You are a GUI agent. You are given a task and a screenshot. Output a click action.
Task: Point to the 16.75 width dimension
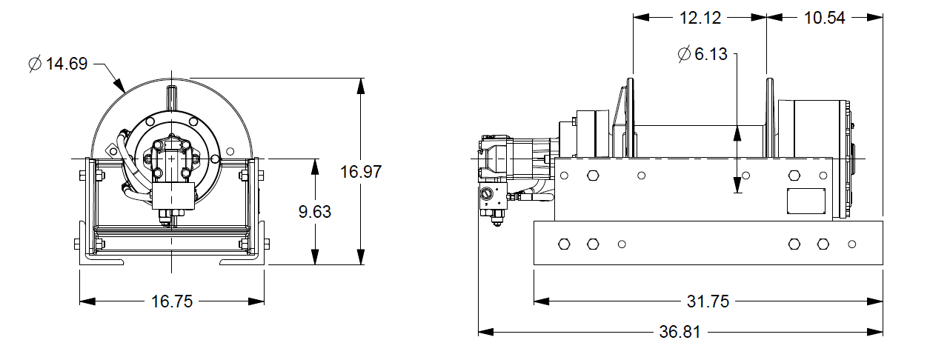tap(172, 301)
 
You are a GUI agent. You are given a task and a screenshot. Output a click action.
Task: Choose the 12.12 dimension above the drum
tap(700, 18)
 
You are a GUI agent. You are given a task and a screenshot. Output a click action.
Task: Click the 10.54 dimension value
tap(824, 18)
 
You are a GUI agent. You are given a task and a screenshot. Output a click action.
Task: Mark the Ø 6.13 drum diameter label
tap(703, 53)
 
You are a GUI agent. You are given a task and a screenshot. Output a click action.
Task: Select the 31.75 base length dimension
tap(708, 301)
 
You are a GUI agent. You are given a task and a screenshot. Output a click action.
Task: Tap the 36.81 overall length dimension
tap(680, 332)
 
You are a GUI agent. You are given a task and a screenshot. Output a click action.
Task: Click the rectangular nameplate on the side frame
tap(806, 201)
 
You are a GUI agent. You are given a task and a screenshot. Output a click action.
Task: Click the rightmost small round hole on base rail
tap(852, 244)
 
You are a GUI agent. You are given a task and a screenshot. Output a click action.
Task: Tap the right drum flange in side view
tap(770, 119)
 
